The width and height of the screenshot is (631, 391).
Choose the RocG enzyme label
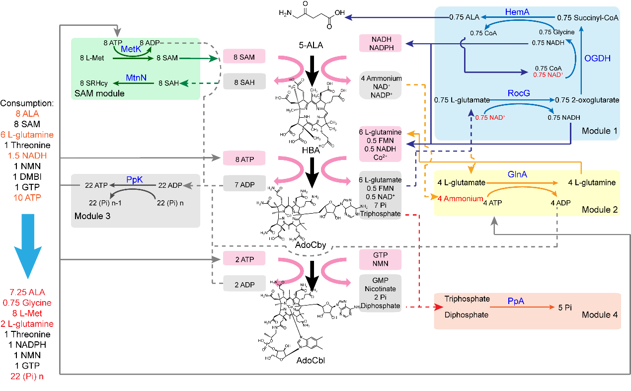click(520, 93)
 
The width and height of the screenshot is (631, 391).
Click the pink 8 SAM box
click(244, 57)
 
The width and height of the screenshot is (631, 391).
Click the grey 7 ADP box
click(244, 185)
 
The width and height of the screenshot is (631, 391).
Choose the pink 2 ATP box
click(244, 258)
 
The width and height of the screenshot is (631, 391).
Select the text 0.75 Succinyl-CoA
click(587, 17)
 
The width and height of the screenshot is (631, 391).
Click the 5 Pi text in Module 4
click(564, 307)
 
